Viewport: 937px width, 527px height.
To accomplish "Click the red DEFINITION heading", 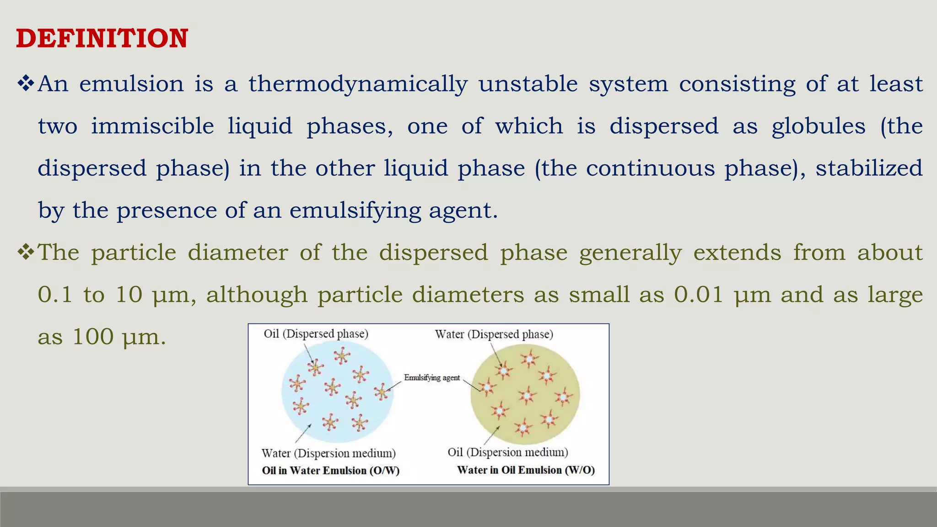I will point(102,38).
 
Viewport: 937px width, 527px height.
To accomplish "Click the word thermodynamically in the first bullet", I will point(358,84).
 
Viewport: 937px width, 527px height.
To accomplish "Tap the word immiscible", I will point(152,126).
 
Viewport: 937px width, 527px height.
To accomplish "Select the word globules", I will point(819,126).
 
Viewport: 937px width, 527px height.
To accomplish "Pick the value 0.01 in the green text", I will point(698,295).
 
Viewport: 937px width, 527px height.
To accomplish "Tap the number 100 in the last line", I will point(93,337).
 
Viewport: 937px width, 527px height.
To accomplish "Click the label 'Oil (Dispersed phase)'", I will point(316,334).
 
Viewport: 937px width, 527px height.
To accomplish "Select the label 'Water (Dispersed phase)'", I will point(494,334).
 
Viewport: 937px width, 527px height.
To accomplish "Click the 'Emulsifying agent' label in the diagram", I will point(431,378).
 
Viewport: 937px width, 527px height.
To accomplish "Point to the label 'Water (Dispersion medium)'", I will point(328,453).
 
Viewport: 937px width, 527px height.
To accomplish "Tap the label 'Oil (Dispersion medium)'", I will point(507,452).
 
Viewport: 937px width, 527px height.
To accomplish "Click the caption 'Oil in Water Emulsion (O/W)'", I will point(330,471).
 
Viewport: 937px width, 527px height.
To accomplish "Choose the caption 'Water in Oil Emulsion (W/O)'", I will point(526,470).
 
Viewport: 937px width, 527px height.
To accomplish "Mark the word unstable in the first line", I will point(528,84).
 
